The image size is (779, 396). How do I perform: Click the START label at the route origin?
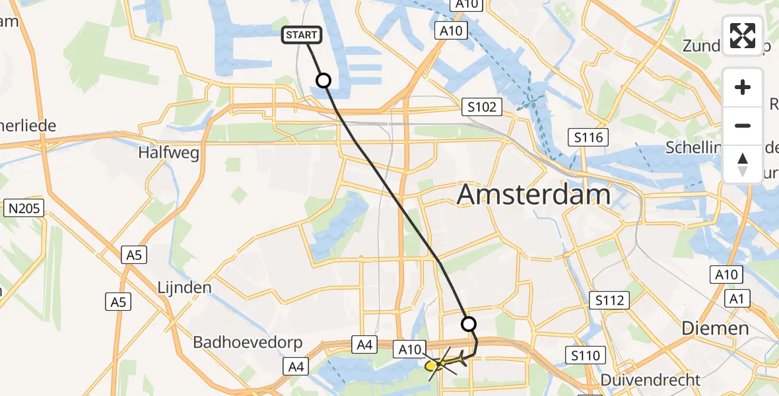(x=302, y=35)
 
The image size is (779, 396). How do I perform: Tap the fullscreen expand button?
(x=743, y=36)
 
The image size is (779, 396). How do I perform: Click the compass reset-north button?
(x=743, y=164)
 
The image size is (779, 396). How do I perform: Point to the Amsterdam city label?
(x=533, y=195)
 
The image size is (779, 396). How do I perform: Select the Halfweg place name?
(x=168, y=152)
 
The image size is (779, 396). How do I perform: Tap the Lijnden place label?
(x=184, y=288)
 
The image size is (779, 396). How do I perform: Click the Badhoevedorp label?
(x=248, y=343)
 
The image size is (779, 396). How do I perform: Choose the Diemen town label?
(x=716, y=328)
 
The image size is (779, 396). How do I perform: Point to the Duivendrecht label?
(x=651, y=380)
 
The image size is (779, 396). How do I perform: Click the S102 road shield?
(x=481, y=107)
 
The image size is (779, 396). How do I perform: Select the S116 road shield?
(x=588, y=137)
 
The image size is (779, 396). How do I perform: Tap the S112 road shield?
(x=608, y=301)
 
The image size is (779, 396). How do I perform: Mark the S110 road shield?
(x=586, y=356)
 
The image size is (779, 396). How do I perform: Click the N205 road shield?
(x=24, y=209)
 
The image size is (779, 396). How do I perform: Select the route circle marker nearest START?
(x=323, y=81)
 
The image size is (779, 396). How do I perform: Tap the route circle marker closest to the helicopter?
(x=468, y=323)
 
